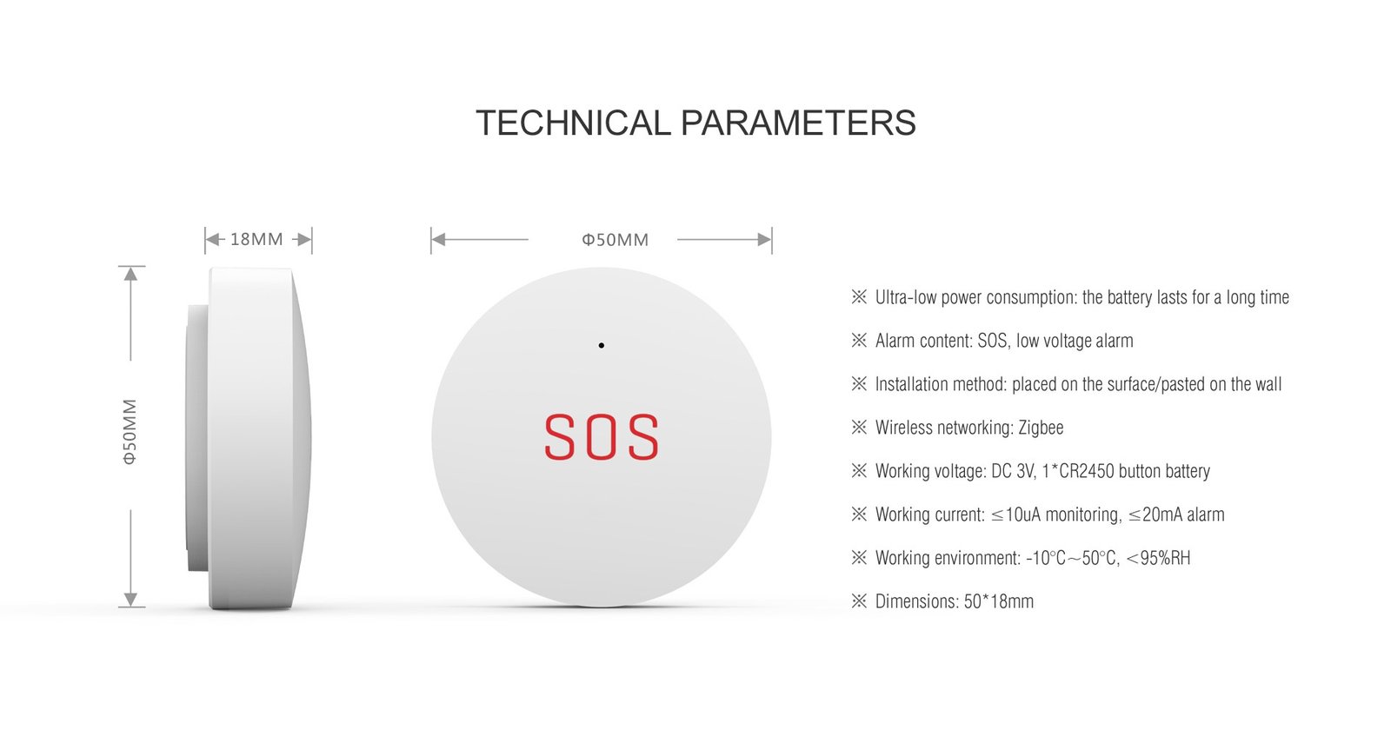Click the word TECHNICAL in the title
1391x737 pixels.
(573, 123)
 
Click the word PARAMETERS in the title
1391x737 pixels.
(798, 123)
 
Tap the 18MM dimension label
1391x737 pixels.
(256, 239)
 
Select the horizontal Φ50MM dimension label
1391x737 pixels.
(615, 240)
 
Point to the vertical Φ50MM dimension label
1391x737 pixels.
(130, 432)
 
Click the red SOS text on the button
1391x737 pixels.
(601, 438)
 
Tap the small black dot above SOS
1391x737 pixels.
(601, 345)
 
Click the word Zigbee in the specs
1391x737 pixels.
(1041, 428)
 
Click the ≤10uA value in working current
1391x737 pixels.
(1015, 515)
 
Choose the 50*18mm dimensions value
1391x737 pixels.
(999, 601)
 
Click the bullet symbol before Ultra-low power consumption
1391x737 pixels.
(859, 296)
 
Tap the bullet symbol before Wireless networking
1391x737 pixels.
(859, 428)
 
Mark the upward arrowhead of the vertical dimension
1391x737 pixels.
(130, 273)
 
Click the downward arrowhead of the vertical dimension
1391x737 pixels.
(130, 600)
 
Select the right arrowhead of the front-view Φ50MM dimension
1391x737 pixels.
(764, 240)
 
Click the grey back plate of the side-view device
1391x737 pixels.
(196, 438)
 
